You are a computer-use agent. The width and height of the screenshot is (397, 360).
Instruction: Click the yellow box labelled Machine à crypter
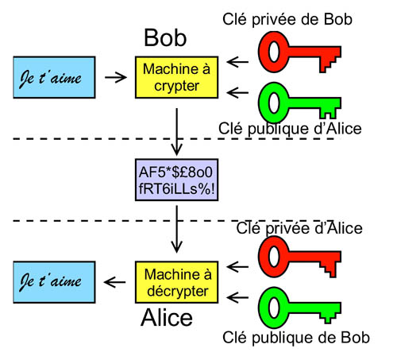click(176, 77)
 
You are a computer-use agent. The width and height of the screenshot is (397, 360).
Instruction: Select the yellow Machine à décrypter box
click(176, 282)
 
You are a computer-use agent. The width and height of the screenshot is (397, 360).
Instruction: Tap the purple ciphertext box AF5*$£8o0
click(176, 180)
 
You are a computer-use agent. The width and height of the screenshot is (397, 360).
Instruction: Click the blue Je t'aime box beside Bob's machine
click(54, 77)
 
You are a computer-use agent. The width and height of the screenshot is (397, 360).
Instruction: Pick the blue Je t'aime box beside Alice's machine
click(54, 282)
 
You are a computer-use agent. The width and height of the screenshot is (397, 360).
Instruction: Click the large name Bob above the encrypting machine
click(165, 38)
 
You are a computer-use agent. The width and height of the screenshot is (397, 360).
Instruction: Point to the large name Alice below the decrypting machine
click(167, 317)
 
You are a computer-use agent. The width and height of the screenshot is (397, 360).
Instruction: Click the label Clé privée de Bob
click(287, 19)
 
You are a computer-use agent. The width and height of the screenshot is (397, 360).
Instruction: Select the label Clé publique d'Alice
click(290, 129)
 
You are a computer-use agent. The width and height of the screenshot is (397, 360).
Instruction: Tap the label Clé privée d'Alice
click(299, 228)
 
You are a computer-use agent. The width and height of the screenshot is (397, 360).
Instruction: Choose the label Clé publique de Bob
click(296, 338)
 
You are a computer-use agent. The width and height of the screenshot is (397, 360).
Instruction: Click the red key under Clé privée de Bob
click(299, 52)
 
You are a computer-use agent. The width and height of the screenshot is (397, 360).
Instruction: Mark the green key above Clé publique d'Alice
click(299, 103)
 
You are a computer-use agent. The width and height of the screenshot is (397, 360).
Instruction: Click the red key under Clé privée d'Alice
click(299, 257)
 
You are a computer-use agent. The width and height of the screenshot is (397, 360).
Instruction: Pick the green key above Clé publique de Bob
click(299, 308)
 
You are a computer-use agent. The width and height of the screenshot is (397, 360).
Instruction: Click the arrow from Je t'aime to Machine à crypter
click(116, 77)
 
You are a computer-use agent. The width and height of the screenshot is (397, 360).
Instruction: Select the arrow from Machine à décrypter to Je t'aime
click(115, 282)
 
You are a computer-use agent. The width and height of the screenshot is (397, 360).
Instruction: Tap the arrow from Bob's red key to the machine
click(237, 62)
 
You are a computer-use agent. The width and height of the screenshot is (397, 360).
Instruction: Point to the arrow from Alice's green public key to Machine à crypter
click(237, 93)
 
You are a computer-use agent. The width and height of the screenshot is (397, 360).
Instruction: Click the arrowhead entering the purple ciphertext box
click(176, 150)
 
